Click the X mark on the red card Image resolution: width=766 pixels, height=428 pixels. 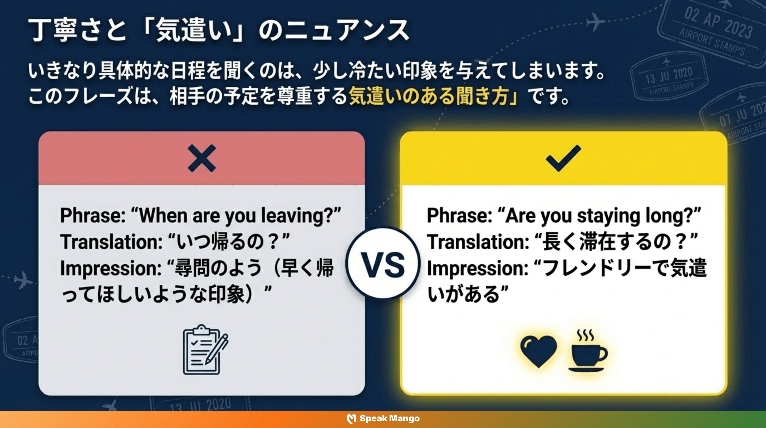click(202, 158)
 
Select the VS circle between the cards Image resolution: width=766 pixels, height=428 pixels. click(383, 264)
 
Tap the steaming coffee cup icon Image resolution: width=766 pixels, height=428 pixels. click(588, 351)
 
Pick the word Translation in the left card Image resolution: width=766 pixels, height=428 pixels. click(111, 242)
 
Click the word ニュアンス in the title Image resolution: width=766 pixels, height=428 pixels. click(335, 30)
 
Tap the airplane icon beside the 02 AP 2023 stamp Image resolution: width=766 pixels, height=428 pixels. click(595, 21)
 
